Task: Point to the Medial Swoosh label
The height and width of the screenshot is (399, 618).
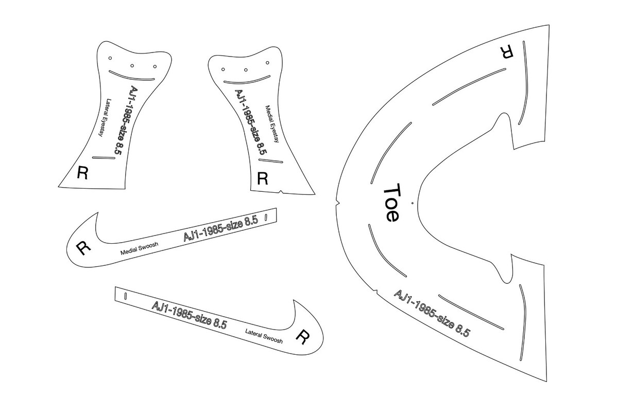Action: [x=140, y=248]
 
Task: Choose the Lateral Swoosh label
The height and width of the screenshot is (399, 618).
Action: [x=264, y=336]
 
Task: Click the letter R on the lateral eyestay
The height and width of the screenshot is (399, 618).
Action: [x=82, y=172]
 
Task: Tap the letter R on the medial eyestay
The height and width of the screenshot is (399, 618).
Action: [x=262, y=178]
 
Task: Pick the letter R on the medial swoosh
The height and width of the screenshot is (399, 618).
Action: [x=83, y=248]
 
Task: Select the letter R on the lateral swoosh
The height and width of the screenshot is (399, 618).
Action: [x=302, y=336]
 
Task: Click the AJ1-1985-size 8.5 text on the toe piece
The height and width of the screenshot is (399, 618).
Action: [x=432, y=313]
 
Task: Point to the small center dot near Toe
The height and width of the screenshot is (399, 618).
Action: [x=412, y=203]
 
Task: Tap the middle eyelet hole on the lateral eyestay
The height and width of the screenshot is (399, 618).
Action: [x=132, y=65]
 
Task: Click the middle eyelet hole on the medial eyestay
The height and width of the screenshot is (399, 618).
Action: [x=246, y=70]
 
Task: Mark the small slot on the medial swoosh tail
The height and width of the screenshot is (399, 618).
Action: [x=266, y=217]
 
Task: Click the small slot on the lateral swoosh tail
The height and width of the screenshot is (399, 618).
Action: [x=126, y=296]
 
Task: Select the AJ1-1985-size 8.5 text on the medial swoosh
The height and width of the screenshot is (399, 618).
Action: [x=221, y=229]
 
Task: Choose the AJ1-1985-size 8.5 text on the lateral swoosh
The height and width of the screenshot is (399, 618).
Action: [x=189, y=315]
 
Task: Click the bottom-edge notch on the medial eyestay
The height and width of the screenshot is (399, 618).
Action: [x=281, y=191]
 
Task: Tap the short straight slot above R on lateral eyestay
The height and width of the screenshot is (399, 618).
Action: [x=104, y=158]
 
